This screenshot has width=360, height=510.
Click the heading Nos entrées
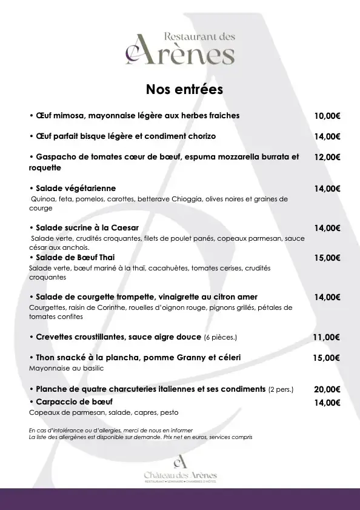[x=184, y=89]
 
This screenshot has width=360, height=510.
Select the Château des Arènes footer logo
[x=180, y=470]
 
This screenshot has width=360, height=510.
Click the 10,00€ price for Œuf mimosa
[x=327, y=116]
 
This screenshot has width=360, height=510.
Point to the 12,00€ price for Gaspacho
[x=327, y=157]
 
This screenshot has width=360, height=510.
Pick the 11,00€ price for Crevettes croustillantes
[x=327, y=337]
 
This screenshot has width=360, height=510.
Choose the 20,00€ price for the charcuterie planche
[x=327, y=389]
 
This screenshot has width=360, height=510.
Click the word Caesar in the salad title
[x=124, y=227]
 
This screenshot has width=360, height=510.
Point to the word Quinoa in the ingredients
[x=42, y=198]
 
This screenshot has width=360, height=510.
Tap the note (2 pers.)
[x=281, y=389]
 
